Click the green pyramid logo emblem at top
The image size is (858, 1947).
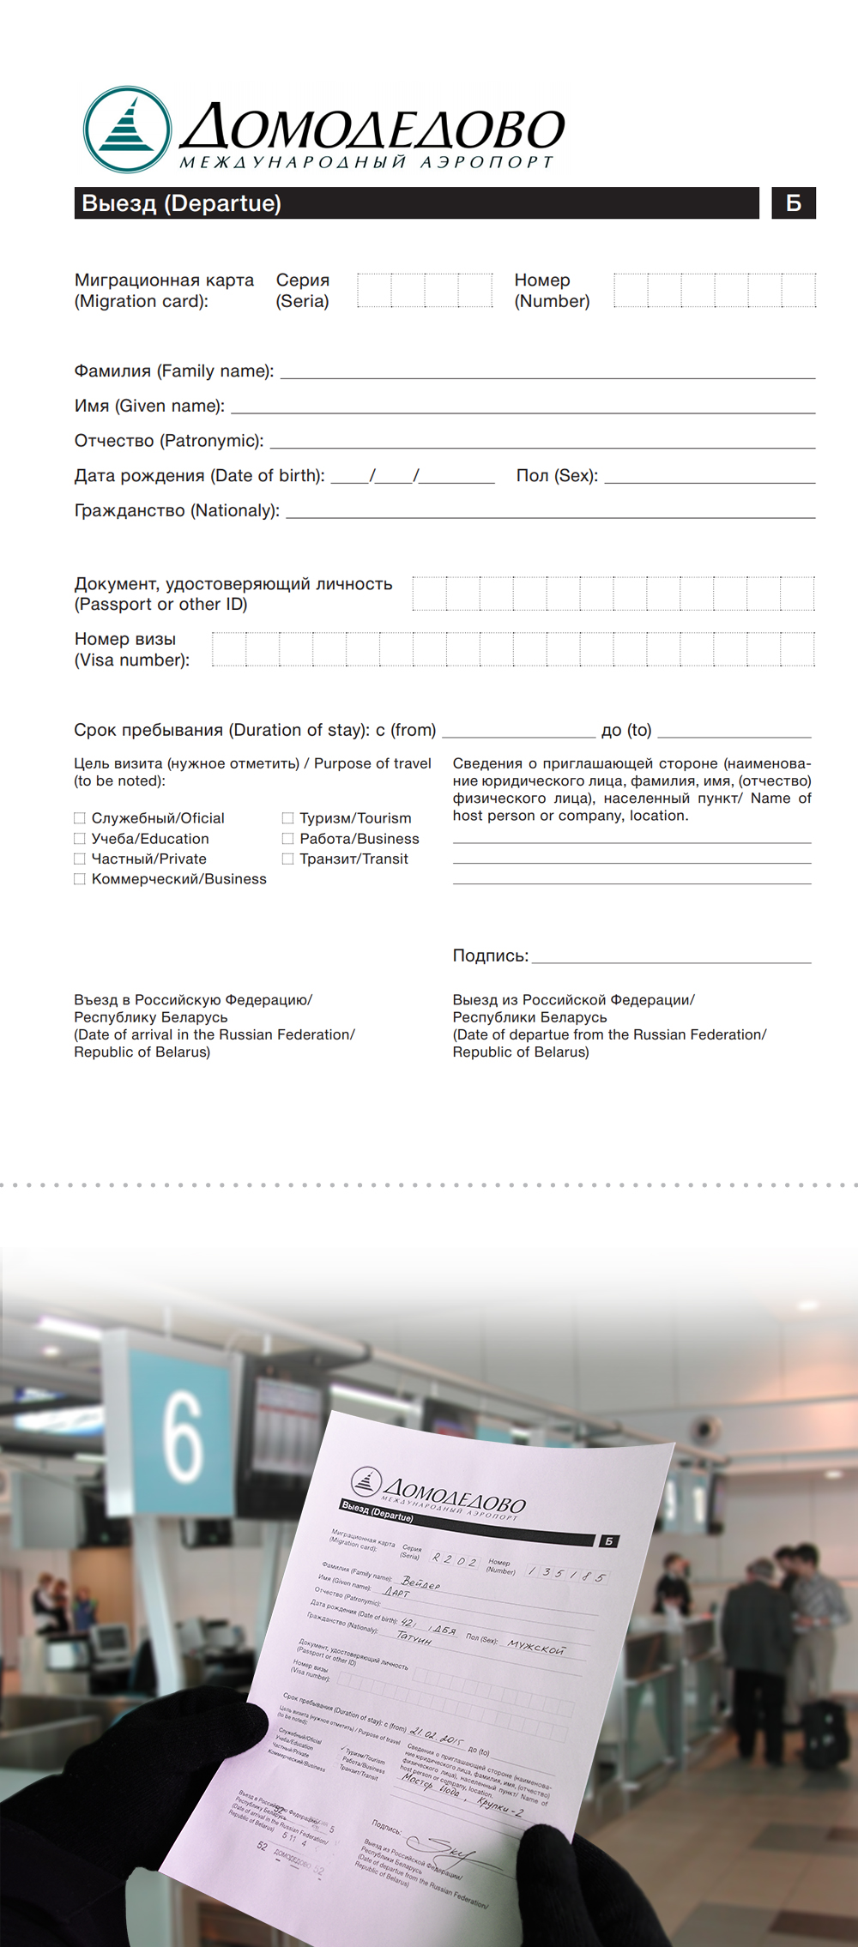[x=127, y=130]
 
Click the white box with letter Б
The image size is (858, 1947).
[x=794, y=203]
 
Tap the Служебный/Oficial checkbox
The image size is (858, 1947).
[x=80, y=818]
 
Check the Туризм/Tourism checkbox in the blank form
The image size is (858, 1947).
[x=288, y=818]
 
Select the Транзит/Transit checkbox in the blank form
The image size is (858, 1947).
[x=288, y=859]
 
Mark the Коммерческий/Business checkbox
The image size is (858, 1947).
[x=80, y=879]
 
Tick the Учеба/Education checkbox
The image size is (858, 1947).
[x=80, y=839]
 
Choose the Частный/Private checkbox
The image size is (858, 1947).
[x=80, y=859]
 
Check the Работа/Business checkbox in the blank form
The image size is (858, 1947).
[x=288, y=839]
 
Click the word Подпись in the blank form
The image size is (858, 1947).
[x=490, y=955]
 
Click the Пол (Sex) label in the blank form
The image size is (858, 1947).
[x=557, y=476]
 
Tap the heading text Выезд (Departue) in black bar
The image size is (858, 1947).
[x=181, y=203]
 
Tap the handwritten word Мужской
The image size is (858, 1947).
[x=536, y=1647]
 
